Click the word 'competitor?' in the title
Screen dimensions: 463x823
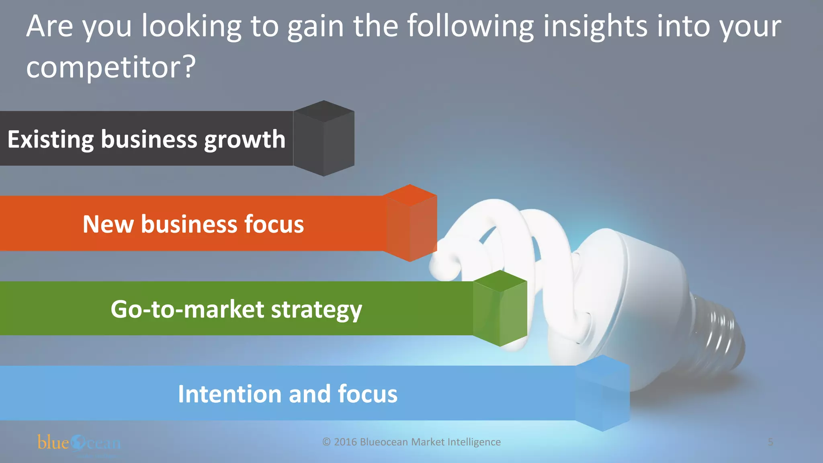click(x=111, y=67)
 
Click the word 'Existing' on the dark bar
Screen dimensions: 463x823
click(x=50, y=139)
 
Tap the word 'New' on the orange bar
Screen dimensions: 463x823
click(x=108, y=224)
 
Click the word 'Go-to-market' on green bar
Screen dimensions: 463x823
click(x=187, y=309)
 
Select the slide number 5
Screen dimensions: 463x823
click(x=770, y=442)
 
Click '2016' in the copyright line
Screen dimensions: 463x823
click(x=345, y=442)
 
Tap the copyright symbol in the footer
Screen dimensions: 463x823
click(x=326, y=442)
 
